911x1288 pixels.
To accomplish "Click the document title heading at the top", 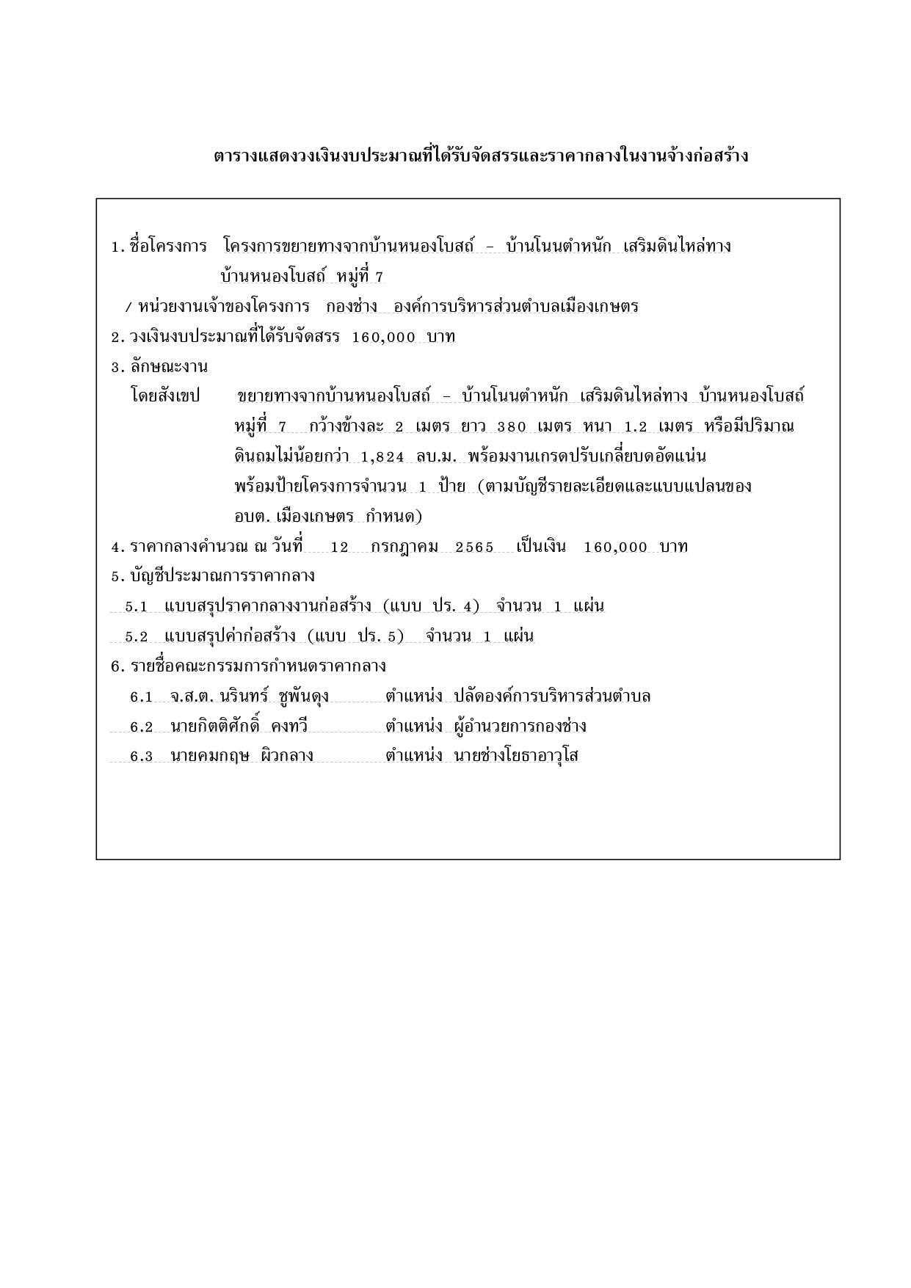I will click(481, 156).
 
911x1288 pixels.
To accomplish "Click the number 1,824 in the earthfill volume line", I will click(382, 456).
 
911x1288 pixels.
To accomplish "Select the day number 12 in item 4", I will click(339, 547).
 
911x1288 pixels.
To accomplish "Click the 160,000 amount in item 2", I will click(384, 337).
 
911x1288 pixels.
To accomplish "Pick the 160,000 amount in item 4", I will click(615, 547).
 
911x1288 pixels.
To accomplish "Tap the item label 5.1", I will click(137, 607).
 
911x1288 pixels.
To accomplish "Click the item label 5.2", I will click(137, 636).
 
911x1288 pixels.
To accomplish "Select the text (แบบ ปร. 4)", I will click(431, 606).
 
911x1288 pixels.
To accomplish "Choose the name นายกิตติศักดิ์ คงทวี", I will click(239, 727).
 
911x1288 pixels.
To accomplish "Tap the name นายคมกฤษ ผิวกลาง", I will click(242, 756).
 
